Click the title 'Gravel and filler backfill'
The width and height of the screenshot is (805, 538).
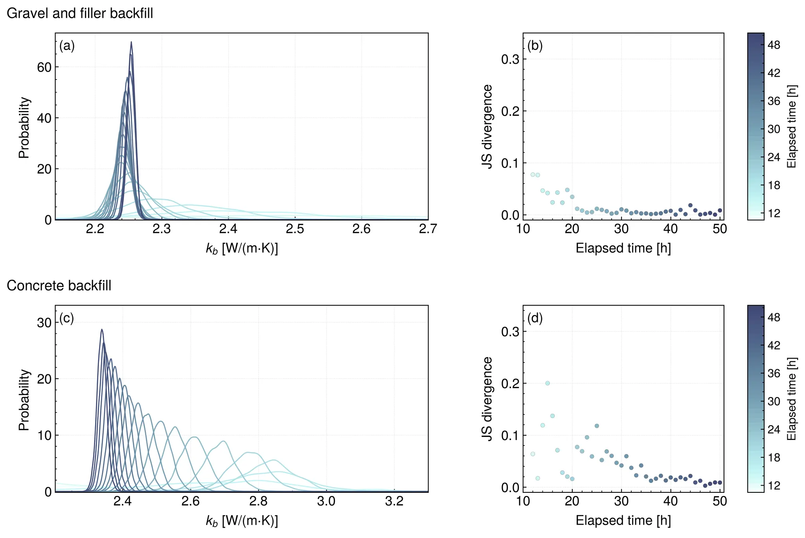click(x=80, y=13)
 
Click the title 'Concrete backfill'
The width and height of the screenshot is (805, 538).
click(x=59, y=285)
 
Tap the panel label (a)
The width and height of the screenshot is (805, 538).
click(x=67, y=46)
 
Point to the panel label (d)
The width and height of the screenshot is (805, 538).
click(x=535, y=318)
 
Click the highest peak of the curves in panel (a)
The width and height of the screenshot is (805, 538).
click(x=131, y=42)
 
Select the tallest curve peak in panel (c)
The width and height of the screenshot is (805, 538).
click(x=102, y=329)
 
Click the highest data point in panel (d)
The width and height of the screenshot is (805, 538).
click(x=548, y=383)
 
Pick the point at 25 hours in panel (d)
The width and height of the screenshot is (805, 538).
click(x=597, y=426)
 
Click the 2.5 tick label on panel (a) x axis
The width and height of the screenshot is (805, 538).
click(x=295, y=229)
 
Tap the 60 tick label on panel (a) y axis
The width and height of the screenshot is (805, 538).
click(x=44, y=67)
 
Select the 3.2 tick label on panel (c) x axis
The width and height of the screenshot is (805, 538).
click(x=394, y=501)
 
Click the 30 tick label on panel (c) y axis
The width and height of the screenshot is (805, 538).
click(x=44, y=323)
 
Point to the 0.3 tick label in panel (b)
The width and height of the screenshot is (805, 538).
click(x=510, y=59)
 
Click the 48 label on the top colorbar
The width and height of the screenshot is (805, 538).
click(x=774, y=45)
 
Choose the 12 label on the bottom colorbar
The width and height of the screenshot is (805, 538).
click(x=774, y=486)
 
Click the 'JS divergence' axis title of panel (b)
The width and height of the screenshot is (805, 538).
click(x=487, y=126)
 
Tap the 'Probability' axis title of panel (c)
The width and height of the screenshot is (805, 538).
click(x=24, y=399)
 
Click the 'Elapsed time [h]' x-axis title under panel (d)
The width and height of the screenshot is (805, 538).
click(x=623, y=520)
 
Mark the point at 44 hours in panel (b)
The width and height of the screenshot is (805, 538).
click(x=690, y=205)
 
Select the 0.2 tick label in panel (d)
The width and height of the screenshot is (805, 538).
click(x=510, y=383)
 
